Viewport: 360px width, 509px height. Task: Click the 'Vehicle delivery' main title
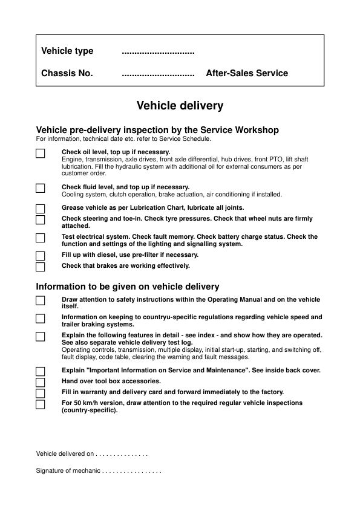[x=180, y=106]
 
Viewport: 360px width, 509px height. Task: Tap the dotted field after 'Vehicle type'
[x=158, y=52]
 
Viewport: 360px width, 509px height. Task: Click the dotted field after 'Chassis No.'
[x=158, y=74]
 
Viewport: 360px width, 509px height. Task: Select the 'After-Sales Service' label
[x=247, y=74]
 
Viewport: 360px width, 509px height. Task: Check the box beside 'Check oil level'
[x=41, y=154]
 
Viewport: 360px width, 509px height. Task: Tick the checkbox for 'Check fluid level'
[x=41, y=189]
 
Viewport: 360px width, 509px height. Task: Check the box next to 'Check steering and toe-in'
[x=41, y=220]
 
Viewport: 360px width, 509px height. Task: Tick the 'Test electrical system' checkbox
[x=41, y=238]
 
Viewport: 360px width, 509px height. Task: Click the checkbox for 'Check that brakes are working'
[x=41, y=267]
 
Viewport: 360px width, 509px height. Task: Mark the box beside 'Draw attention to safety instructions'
[x=41, y=301]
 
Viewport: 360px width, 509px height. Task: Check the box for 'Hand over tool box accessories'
[x=41, y=383]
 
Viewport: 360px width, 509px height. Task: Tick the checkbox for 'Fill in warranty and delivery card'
[x=41, y=394]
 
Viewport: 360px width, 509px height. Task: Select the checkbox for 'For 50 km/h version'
[x=41, y=404]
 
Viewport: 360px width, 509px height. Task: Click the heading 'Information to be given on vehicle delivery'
[x=128, y=287]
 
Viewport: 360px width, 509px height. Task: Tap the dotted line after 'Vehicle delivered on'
[x=122, y=454]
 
